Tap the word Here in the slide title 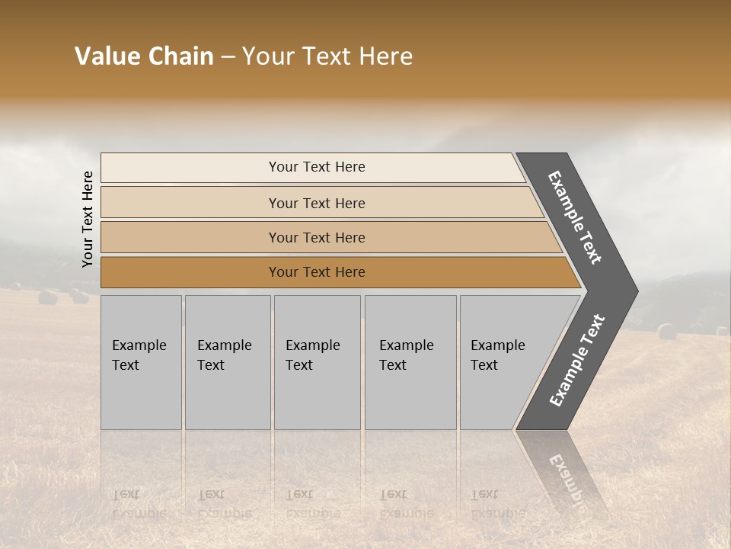point(385,56)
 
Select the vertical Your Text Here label point(88,219)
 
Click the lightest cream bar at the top point(317,167)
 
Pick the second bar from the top point(317,203)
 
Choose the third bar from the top point(317,237)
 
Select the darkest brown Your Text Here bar point(317,272)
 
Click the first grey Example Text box point(141,362)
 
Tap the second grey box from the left point(227,362)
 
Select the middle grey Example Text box point(317,362)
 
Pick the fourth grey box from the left point(410,362)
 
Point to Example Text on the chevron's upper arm point(575,217)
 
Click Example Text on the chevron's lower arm point(577,361)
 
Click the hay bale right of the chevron point(667,331)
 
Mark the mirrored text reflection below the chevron point(563,473)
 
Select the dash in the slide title point(228,57)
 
